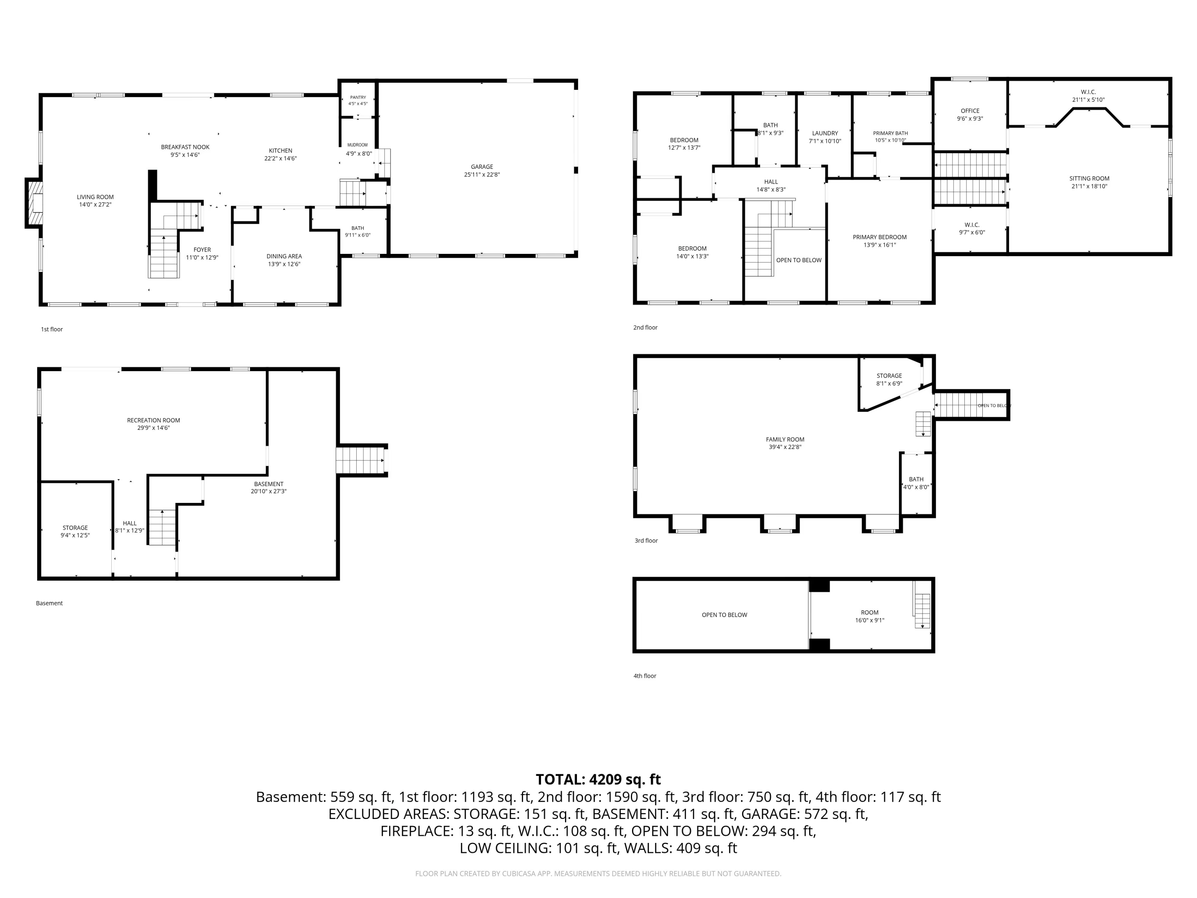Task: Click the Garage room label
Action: coord(482,167)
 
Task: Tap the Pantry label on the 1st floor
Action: coord(358,97)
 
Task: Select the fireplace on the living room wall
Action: coord(34,202)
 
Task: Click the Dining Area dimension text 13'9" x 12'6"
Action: coord(284,264)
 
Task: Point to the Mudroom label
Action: coord(357,145)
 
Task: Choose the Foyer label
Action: coord(202,250)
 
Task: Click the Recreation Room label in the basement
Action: coord(154,420)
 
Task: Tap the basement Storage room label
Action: coord(75,528)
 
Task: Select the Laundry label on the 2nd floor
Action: coord(825,133)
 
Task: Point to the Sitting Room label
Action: coord(1089,179)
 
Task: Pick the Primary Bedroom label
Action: coord(880,237)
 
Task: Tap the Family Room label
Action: coord(785,439)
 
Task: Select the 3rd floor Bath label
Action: coord(916,479)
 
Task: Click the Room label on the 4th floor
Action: coord(869,613)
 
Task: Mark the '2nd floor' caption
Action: coord(646,328)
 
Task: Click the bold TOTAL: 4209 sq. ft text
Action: coord(598,779)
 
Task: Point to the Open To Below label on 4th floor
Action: coord(725,615)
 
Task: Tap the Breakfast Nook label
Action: coord(185,147)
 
